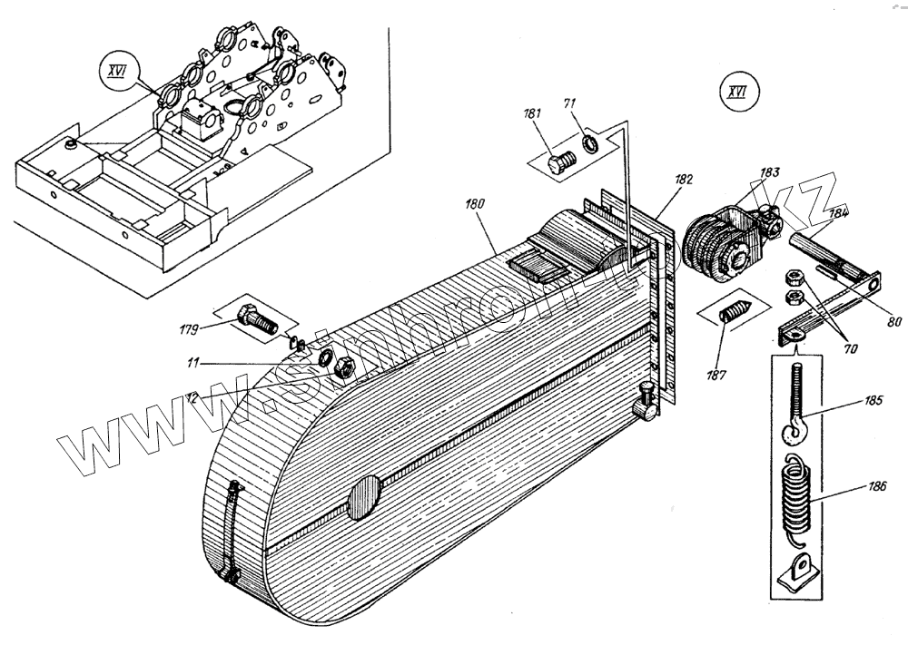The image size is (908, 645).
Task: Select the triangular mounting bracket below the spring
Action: click(797, 573)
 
